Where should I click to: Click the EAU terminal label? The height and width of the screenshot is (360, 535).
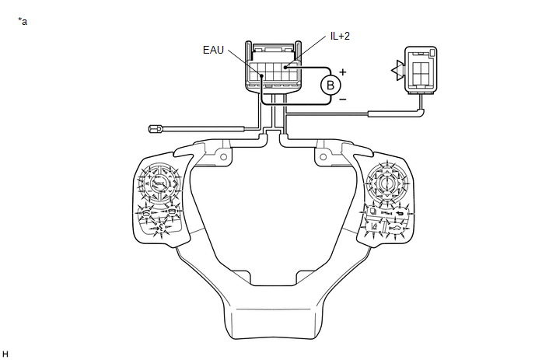(x=214, y=51)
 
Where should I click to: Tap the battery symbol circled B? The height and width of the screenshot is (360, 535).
(x=330, y=84)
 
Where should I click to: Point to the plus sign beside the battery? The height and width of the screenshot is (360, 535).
(x=342, y=72)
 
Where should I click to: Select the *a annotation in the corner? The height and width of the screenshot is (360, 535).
(x=23, y=21)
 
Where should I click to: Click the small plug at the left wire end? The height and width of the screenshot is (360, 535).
(x=153, y=130)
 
